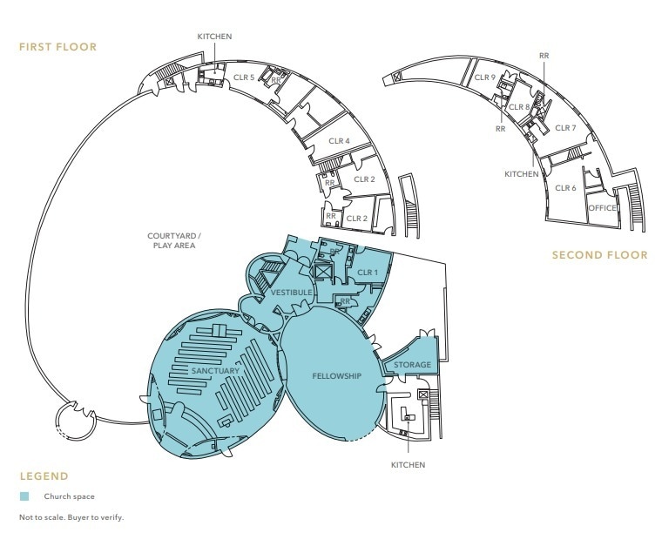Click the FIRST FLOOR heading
[57, 47]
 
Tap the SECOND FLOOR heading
[600, 255]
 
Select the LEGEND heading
[44, 476]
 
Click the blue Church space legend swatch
[24, 496]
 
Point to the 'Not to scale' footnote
[71, 517]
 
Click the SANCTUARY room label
[215, 371]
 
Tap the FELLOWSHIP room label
[336, 376]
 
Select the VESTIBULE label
[291, 293]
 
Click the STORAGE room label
[412, 365]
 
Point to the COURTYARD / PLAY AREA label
[174, 240]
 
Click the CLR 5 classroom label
[244, 78]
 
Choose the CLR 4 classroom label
[339, 141]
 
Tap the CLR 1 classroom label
[368, 273]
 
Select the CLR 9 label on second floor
[484, 78]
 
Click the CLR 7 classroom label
[565, 128]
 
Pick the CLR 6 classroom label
[565, 188]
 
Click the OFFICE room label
[602, 208]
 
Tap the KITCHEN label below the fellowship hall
[408, 465]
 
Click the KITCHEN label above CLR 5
[214, 37]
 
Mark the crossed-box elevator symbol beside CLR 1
[323, 272]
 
